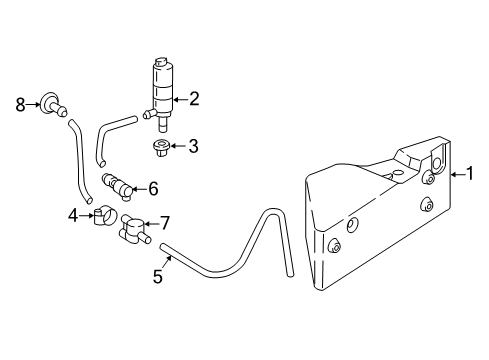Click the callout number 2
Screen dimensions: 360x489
pyautogui.click(x=195, y=98)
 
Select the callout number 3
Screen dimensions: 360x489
pyautogui.click(x=193, y=146)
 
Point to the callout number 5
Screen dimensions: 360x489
pyautogui.click(x=157, y=275)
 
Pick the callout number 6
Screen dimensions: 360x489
pyautogui.click(x=153, y=187)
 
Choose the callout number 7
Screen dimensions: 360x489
pyautogui.click(x=165, y=222)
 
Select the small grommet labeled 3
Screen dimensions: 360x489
pyautogui.click(x=159, y=150)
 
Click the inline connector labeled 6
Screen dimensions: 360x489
pyautogui.click(x=118, y=186)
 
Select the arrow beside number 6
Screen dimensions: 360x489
pyautogui.click(x=139, y=187)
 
